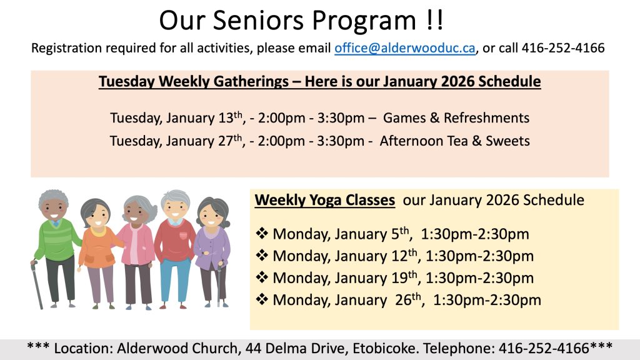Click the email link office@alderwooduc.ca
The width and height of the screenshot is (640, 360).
coord(405,48)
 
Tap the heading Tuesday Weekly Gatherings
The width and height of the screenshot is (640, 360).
coord(194,82)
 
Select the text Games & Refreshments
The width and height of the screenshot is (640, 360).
coord(456,118)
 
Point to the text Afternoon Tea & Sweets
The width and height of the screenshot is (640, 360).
coord(455,141)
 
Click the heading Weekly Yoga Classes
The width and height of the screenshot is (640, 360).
coord(325,200)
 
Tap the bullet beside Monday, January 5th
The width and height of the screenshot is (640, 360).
coord(262,234)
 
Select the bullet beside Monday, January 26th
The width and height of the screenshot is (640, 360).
coord(262,299)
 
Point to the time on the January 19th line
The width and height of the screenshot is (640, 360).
coord(479,278)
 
